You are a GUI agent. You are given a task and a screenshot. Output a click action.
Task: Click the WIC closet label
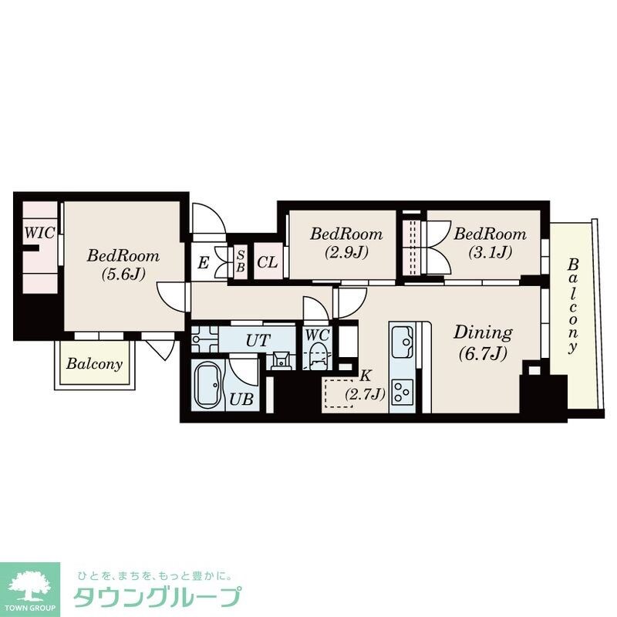coord(39,231)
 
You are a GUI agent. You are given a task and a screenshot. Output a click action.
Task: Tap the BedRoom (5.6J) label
coord(123,264)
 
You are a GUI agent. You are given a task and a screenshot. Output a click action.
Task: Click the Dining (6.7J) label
coord(482,342)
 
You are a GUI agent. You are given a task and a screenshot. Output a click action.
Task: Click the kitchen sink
coord(402,340)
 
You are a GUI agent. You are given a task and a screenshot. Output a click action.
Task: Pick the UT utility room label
coord(257,339)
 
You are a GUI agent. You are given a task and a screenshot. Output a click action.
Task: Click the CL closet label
coord(267,262)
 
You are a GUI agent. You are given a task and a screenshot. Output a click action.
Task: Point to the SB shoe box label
coord(241,262)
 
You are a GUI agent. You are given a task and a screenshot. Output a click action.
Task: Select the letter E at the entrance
coord(203,263)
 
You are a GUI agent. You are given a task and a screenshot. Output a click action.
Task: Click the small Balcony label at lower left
coord(93,363)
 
